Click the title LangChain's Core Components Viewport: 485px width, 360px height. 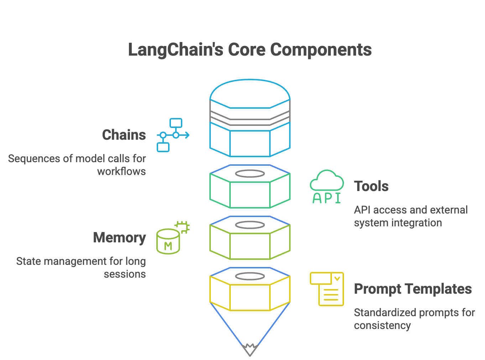pos(250,50)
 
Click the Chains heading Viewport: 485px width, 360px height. pos(124,135)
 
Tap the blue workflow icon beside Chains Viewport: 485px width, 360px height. pos(173,135)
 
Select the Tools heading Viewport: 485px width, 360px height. pos(371,186)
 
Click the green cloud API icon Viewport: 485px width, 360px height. pos(327,186)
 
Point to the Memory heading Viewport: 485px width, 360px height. pos(119,238)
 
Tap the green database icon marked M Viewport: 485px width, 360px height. pos(168,241)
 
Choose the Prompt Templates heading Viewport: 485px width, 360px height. pos(413,289)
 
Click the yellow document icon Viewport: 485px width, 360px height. pos(327,289)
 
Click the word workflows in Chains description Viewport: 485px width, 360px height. pos(121,171)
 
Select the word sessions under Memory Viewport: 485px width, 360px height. pos(125,274)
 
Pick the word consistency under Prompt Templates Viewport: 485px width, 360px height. pos(382,325)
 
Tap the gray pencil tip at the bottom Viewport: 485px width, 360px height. pos(250,350)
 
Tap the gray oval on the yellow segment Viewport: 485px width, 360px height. pos(250,276)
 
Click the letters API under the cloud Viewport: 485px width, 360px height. pos(327,198)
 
